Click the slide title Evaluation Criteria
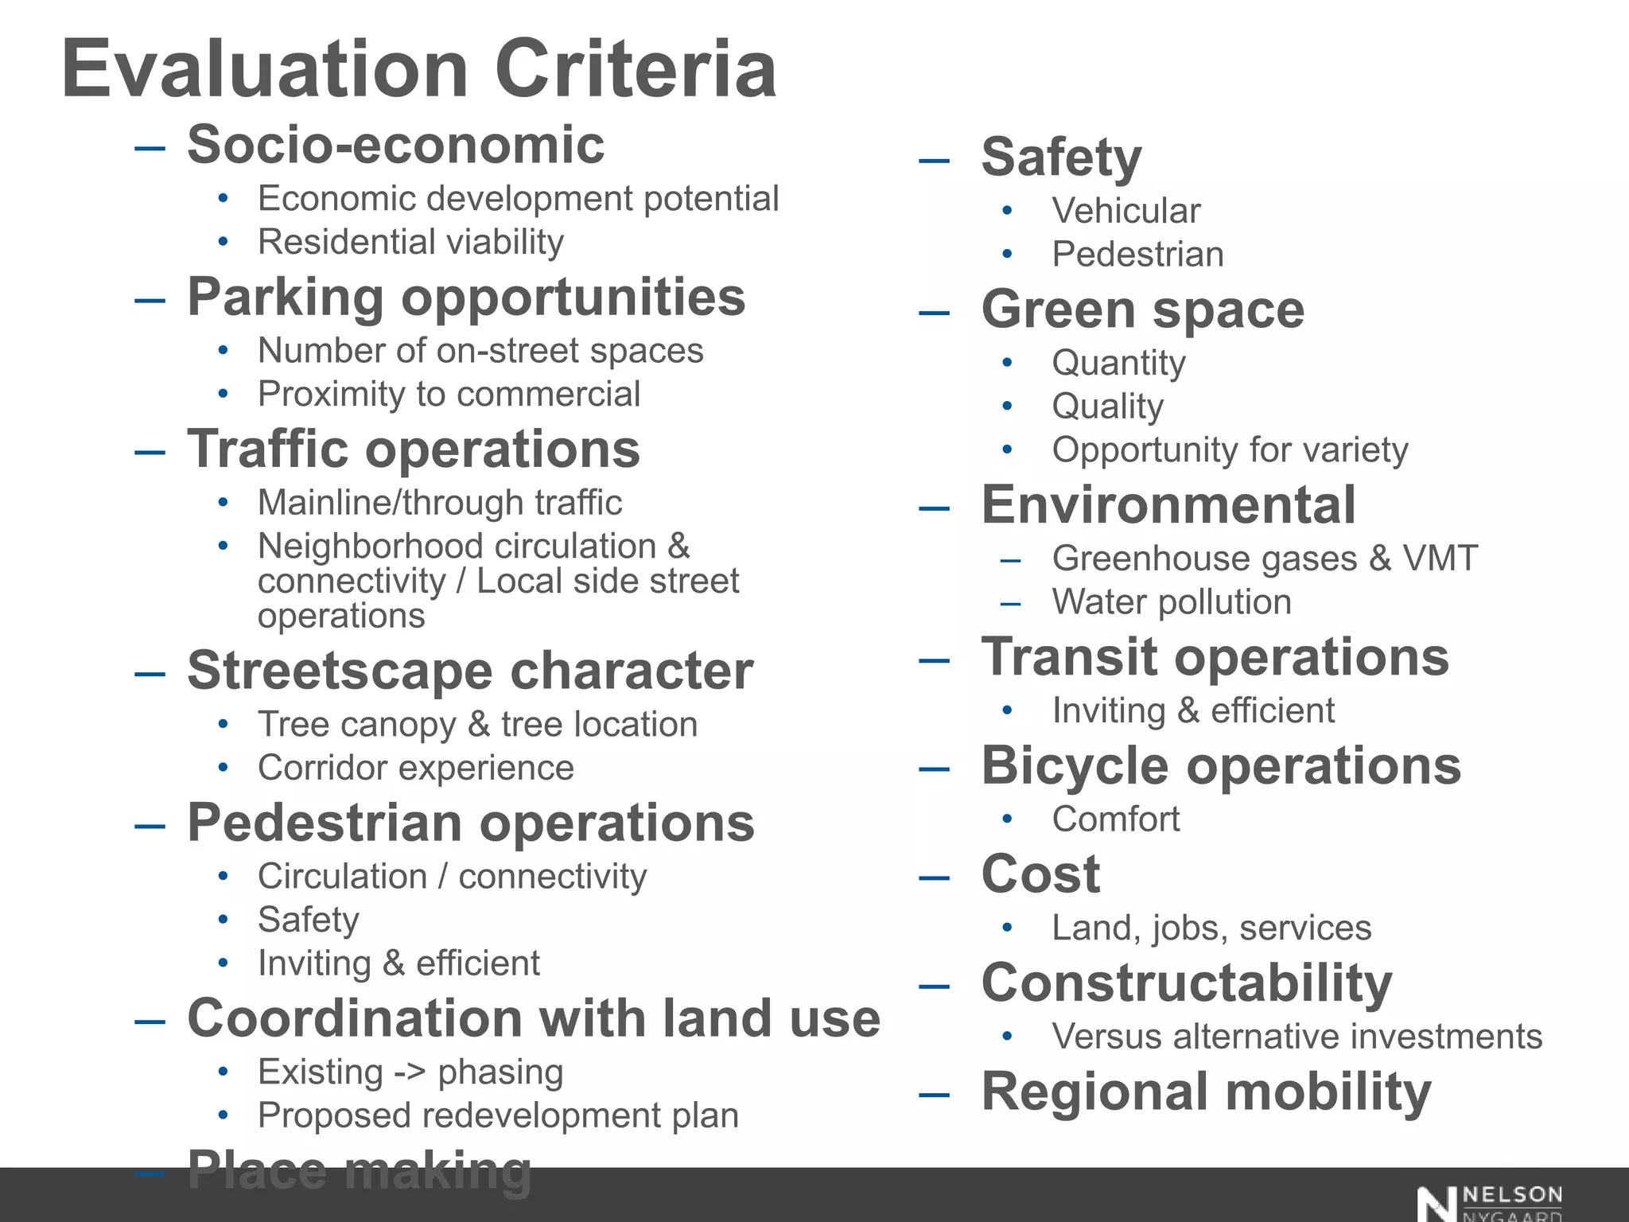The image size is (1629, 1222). (x=418, y=70)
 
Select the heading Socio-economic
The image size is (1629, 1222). (x=395, y=146)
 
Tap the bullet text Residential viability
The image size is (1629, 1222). (x=410, y=242)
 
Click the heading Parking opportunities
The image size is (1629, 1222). (x=466, y=298)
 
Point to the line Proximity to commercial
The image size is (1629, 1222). (x=449, y=394)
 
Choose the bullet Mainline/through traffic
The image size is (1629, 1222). (x=439, y=503)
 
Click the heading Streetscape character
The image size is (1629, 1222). (x=469, y=671)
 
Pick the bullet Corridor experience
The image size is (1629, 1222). (x=415, y=768)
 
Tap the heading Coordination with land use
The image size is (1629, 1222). (x=533, y=1018)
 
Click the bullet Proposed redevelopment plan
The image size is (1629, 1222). (x=498, y=1115)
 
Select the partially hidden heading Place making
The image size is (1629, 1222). (x=359, y=1169)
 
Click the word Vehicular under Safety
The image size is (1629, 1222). (x=1126, y=211)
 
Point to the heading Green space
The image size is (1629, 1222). (x=1142, y=309)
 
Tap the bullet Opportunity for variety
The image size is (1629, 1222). (x=1230, y=450)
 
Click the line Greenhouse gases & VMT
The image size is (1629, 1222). (x=1265, y=558)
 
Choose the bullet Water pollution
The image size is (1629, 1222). (x=1171, y=602)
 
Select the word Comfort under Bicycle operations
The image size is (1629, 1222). (x=1115, y=819)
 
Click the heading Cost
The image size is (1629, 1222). (x=1040, y=874)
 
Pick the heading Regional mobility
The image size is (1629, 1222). (x=1206, y=1092)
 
